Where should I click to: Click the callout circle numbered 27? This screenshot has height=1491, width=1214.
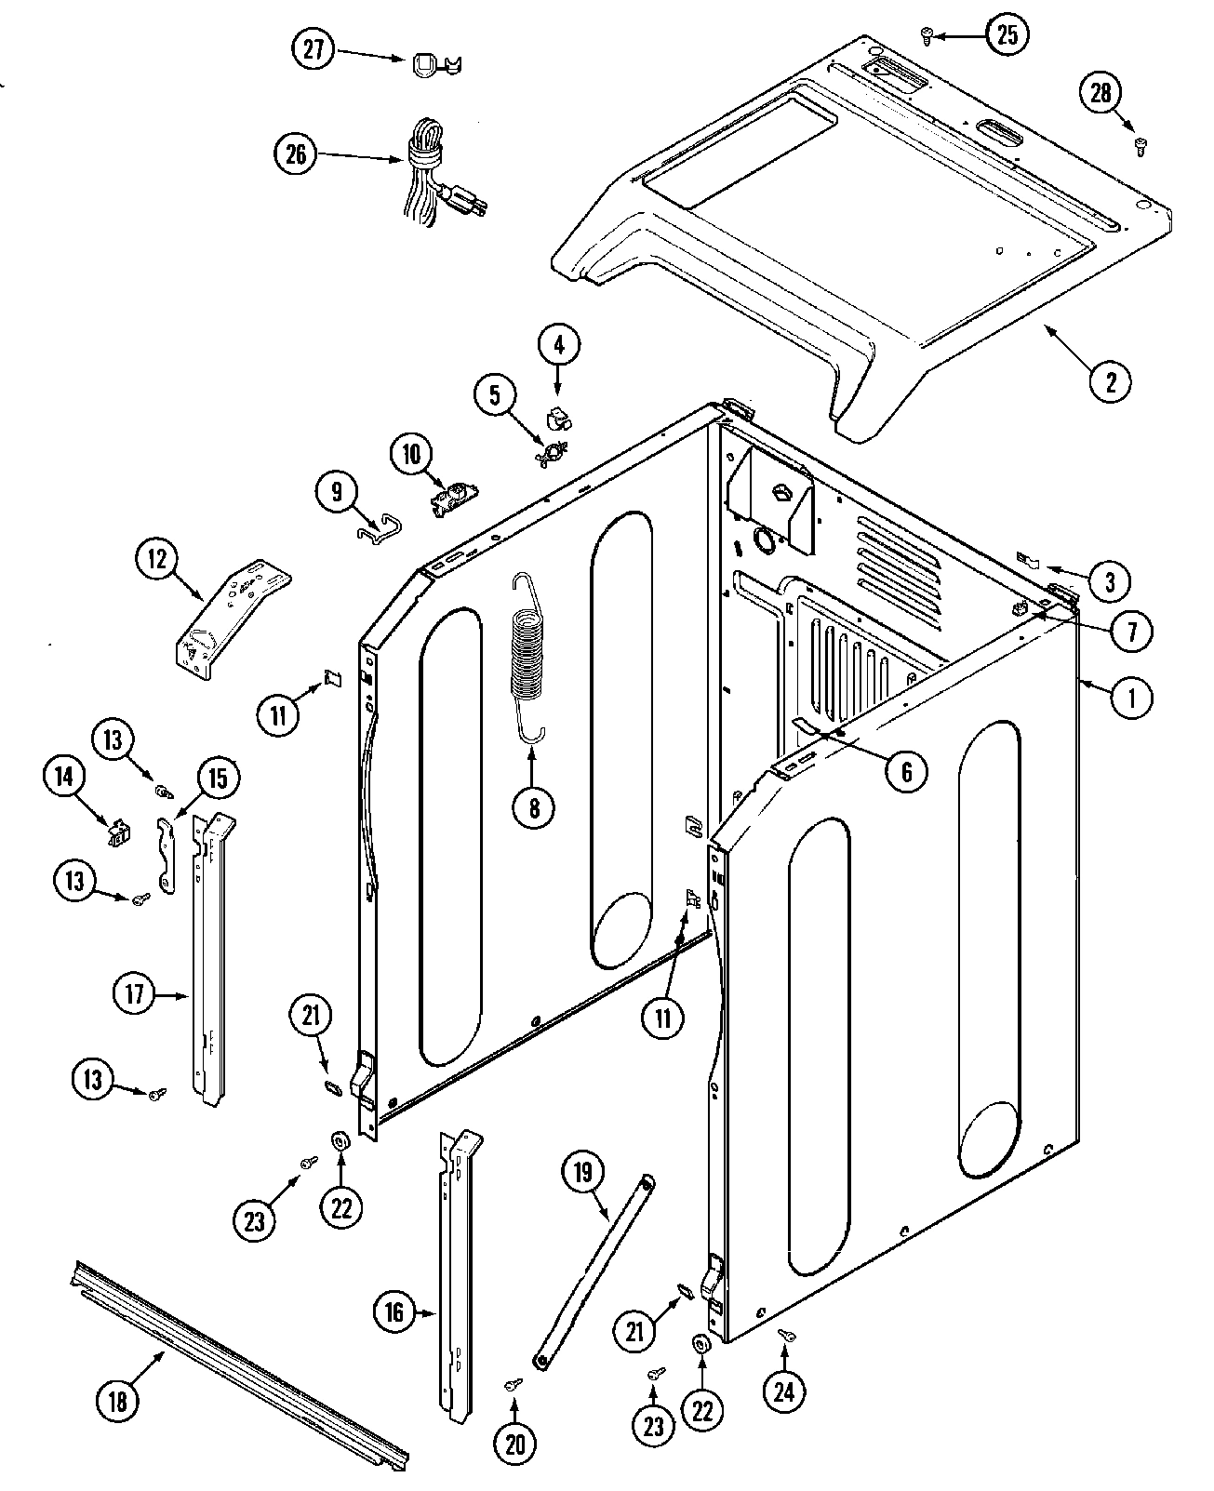coord(314,49)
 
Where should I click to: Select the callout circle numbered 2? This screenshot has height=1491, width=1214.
coord(1110,379)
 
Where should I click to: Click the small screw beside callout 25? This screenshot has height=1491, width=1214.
coord(927,35)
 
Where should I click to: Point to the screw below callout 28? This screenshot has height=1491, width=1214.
coord(1141,144)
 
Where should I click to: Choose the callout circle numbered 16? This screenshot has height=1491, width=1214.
coord(394,1311)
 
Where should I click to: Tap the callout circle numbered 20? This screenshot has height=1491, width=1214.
coord(515,1443)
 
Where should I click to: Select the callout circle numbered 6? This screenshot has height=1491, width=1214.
coord(905,770)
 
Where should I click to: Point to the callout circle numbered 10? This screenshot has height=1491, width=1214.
coord(411,456)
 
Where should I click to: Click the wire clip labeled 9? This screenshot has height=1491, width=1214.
coord(377,528)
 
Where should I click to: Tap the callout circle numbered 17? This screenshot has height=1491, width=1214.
coord(135,994)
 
